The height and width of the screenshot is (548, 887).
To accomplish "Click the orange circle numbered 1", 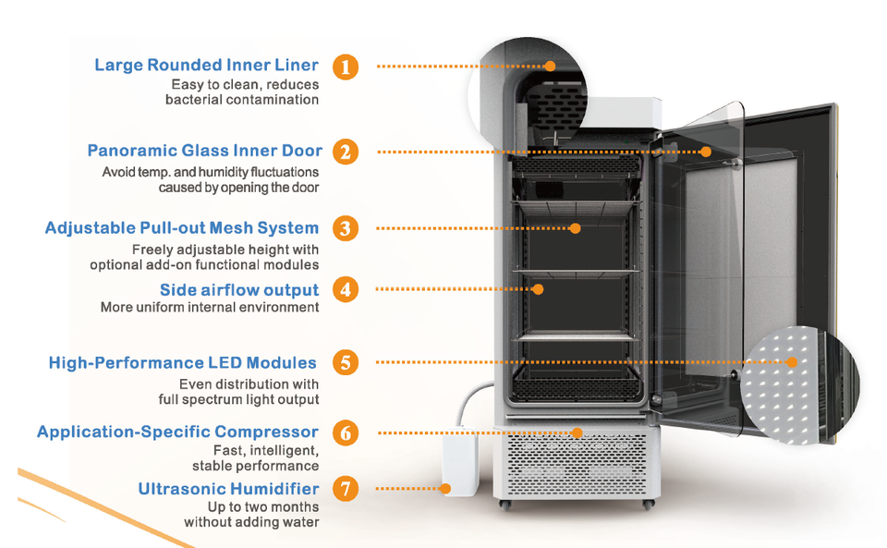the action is point(346,67).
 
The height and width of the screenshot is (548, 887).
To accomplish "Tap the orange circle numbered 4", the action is point(346,289).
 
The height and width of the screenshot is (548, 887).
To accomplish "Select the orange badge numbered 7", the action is point(346,488).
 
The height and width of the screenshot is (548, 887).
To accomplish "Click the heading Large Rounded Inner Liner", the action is point(206,65).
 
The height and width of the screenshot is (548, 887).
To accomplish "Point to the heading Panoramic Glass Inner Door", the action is point(205,151).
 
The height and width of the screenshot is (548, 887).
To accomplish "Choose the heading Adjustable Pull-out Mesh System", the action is point(182,228).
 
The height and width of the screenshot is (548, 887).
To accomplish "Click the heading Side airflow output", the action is point(239,290).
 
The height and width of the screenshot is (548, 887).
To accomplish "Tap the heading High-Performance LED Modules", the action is point(183,362).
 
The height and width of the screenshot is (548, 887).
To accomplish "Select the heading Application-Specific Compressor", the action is point(177,432).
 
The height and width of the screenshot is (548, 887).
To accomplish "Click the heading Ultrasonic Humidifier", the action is point(228,489).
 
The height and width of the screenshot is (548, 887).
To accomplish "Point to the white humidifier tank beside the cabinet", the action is point(460,461).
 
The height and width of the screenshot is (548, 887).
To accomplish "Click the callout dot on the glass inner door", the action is point(705,152).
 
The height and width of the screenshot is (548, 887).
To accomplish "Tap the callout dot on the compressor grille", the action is point(577,432).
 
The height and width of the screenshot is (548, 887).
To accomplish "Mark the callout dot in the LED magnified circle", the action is point(792,362).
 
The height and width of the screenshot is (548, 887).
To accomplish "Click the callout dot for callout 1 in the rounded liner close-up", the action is point(550,66).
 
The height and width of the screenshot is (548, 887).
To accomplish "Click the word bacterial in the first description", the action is point(193,100).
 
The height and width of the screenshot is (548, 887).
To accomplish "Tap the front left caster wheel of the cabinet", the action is point(505,505).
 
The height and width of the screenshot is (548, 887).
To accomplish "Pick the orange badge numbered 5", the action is point(346,362).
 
